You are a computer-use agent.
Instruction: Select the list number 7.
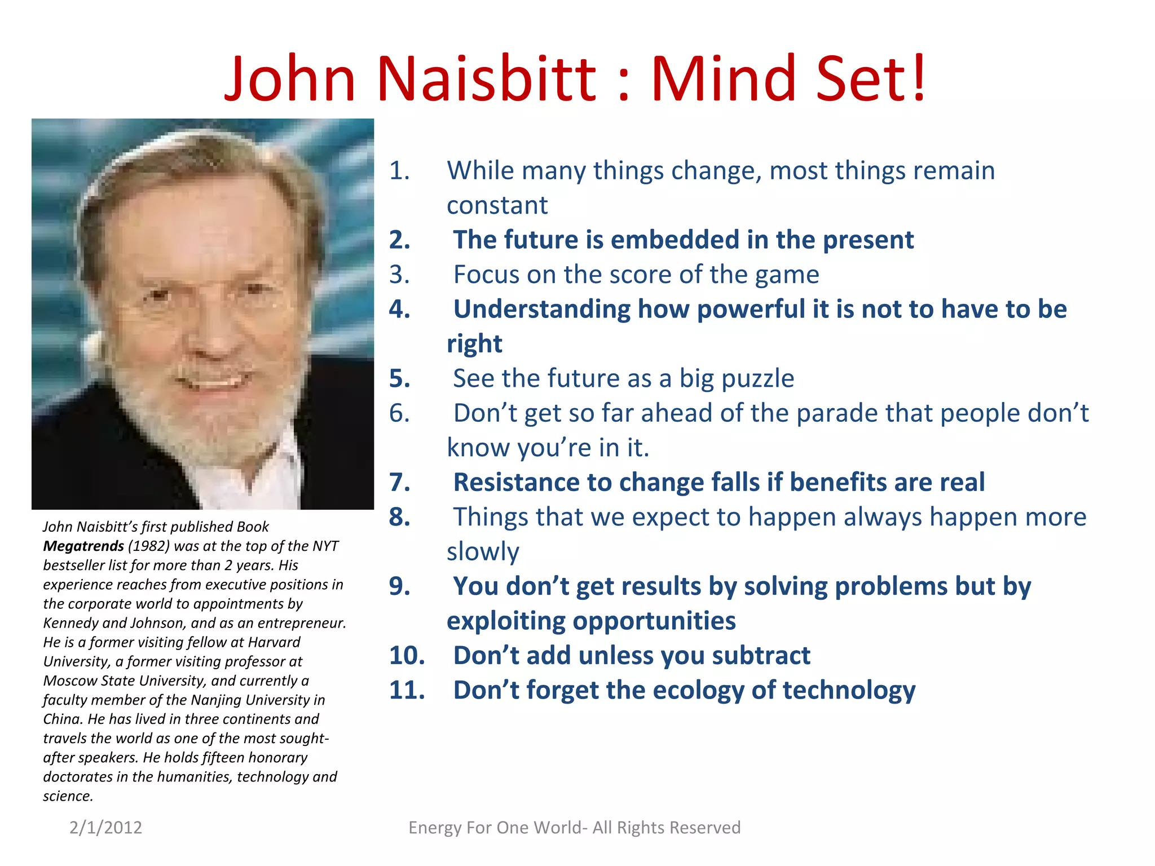click(399, 483)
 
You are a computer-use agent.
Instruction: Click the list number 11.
click(407, 690)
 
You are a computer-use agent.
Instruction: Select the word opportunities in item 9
click(591, 621)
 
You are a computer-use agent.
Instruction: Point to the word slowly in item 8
click(483, 552)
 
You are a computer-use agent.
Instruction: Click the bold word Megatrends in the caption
click(83, 546)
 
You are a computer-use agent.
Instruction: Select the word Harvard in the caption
click(274, 642)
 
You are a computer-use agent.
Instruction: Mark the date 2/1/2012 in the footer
click(105, 828)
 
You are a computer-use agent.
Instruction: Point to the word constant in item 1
click(497, 206)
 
